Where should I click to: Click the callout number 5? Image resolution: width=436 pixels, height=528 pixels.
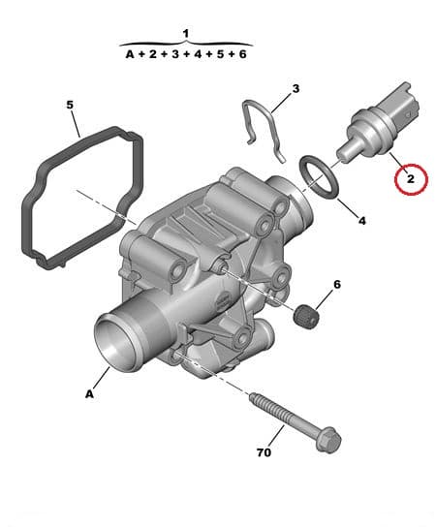(70, 104)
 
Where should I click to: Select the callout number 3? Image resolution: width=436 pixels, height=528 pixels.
(296, 88)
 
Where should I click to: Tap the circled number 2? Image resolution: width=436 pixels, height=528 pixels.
(410, 178)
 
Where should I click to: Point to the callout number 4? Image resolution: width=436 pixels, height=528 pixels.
(362, 221)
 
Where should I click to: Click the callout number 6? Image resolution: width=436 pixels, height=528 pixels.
(337, 284)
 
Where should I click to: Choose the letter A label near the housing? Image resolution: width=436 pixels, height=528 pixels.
(90, 393)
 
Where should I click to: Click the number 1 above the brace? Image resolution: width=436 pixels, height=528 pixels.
(186, 33)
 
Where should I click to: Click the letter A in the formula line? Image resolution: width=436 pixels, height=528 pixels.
(129, 55)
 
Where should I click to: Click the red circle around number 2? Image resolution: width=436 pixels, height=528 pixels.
(410, 178)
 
